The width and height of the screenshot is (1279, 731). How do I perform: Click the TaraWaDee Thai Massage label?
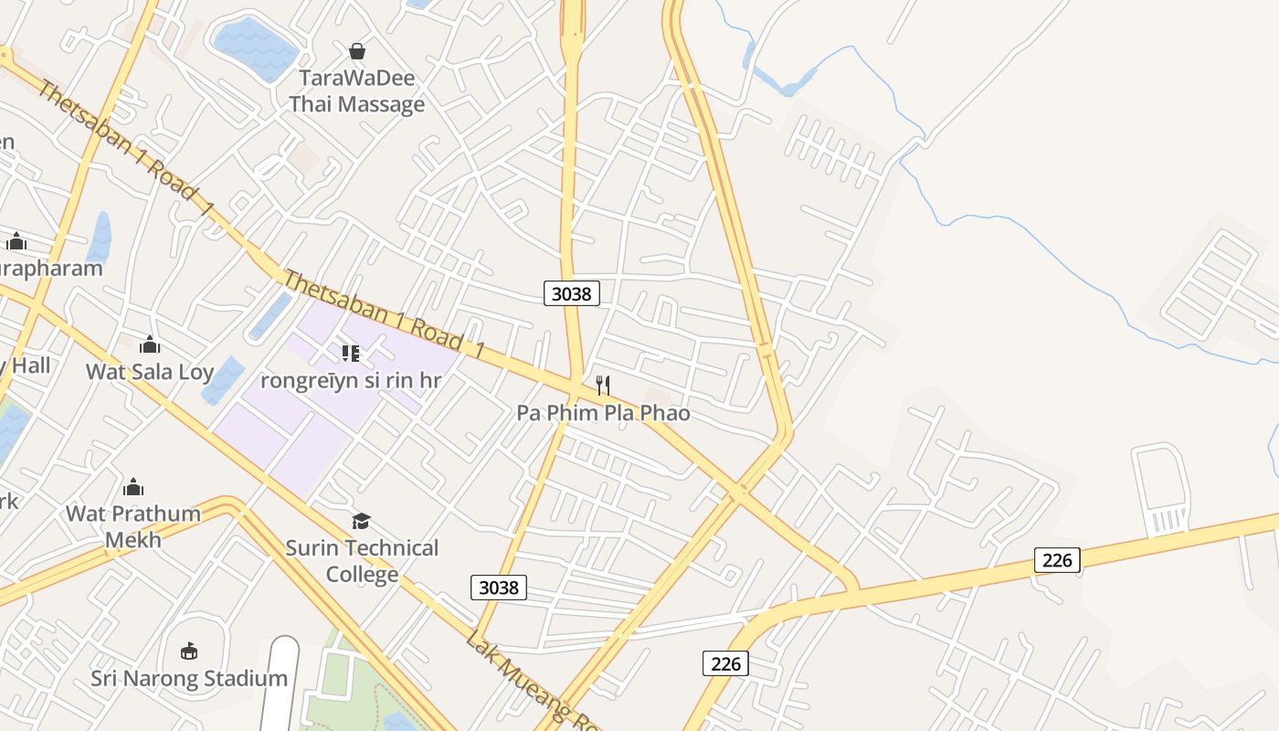[x=357, y=91]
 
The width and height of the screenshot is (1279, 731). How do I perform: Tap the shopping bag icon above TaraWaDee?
[x=357, y=51]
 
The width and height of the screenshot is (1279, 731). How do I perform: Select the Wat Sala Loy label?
[x=150, y=372]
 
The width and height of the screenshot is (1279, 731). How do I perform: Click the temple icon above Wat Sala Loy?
[x=150, y=344]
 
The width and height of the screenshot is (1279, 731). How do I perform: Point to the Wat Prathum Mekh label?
[x=133, y=526]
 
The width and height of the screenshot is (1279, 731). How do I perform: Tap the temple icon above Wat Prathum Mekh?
[x=133, y=486]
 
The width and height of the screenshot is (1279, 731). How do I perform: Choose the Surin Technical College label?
[x=362, y=561]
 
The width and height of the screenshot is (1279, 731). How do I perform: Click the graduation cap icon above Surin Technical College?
[x=362, y=521]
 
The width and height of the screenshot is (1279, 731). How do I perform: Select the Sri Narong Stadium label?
[x=189, y=678]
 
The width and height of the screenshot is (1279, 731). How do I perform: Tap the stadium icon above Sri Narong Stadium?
[x=189, y=651]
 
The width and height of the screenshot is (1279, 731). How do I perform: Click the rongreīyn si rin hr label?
[x=351, y=380]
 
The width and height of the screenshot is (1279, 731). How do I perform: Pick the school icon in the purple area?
[x=351, y=353]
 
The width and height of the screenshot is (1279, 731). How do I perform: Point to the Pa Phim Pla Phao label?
[x=603, y=413]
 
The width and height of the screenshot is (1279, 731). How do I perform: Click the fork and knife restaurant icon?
[x=603, y=386]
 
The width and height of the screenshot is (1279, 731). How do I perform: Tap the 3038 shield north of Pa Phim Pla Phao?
[x=572, y=293]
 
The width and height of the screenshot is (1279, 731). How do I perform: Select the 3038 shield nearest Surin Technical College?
[x=499, y=588]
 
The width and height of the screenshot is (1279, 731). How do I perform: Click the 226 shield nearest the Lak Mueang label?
[x=725, y=663]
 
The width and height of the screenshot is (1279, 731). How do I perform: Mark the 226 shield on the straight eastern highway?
[x=1057, y=559]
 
